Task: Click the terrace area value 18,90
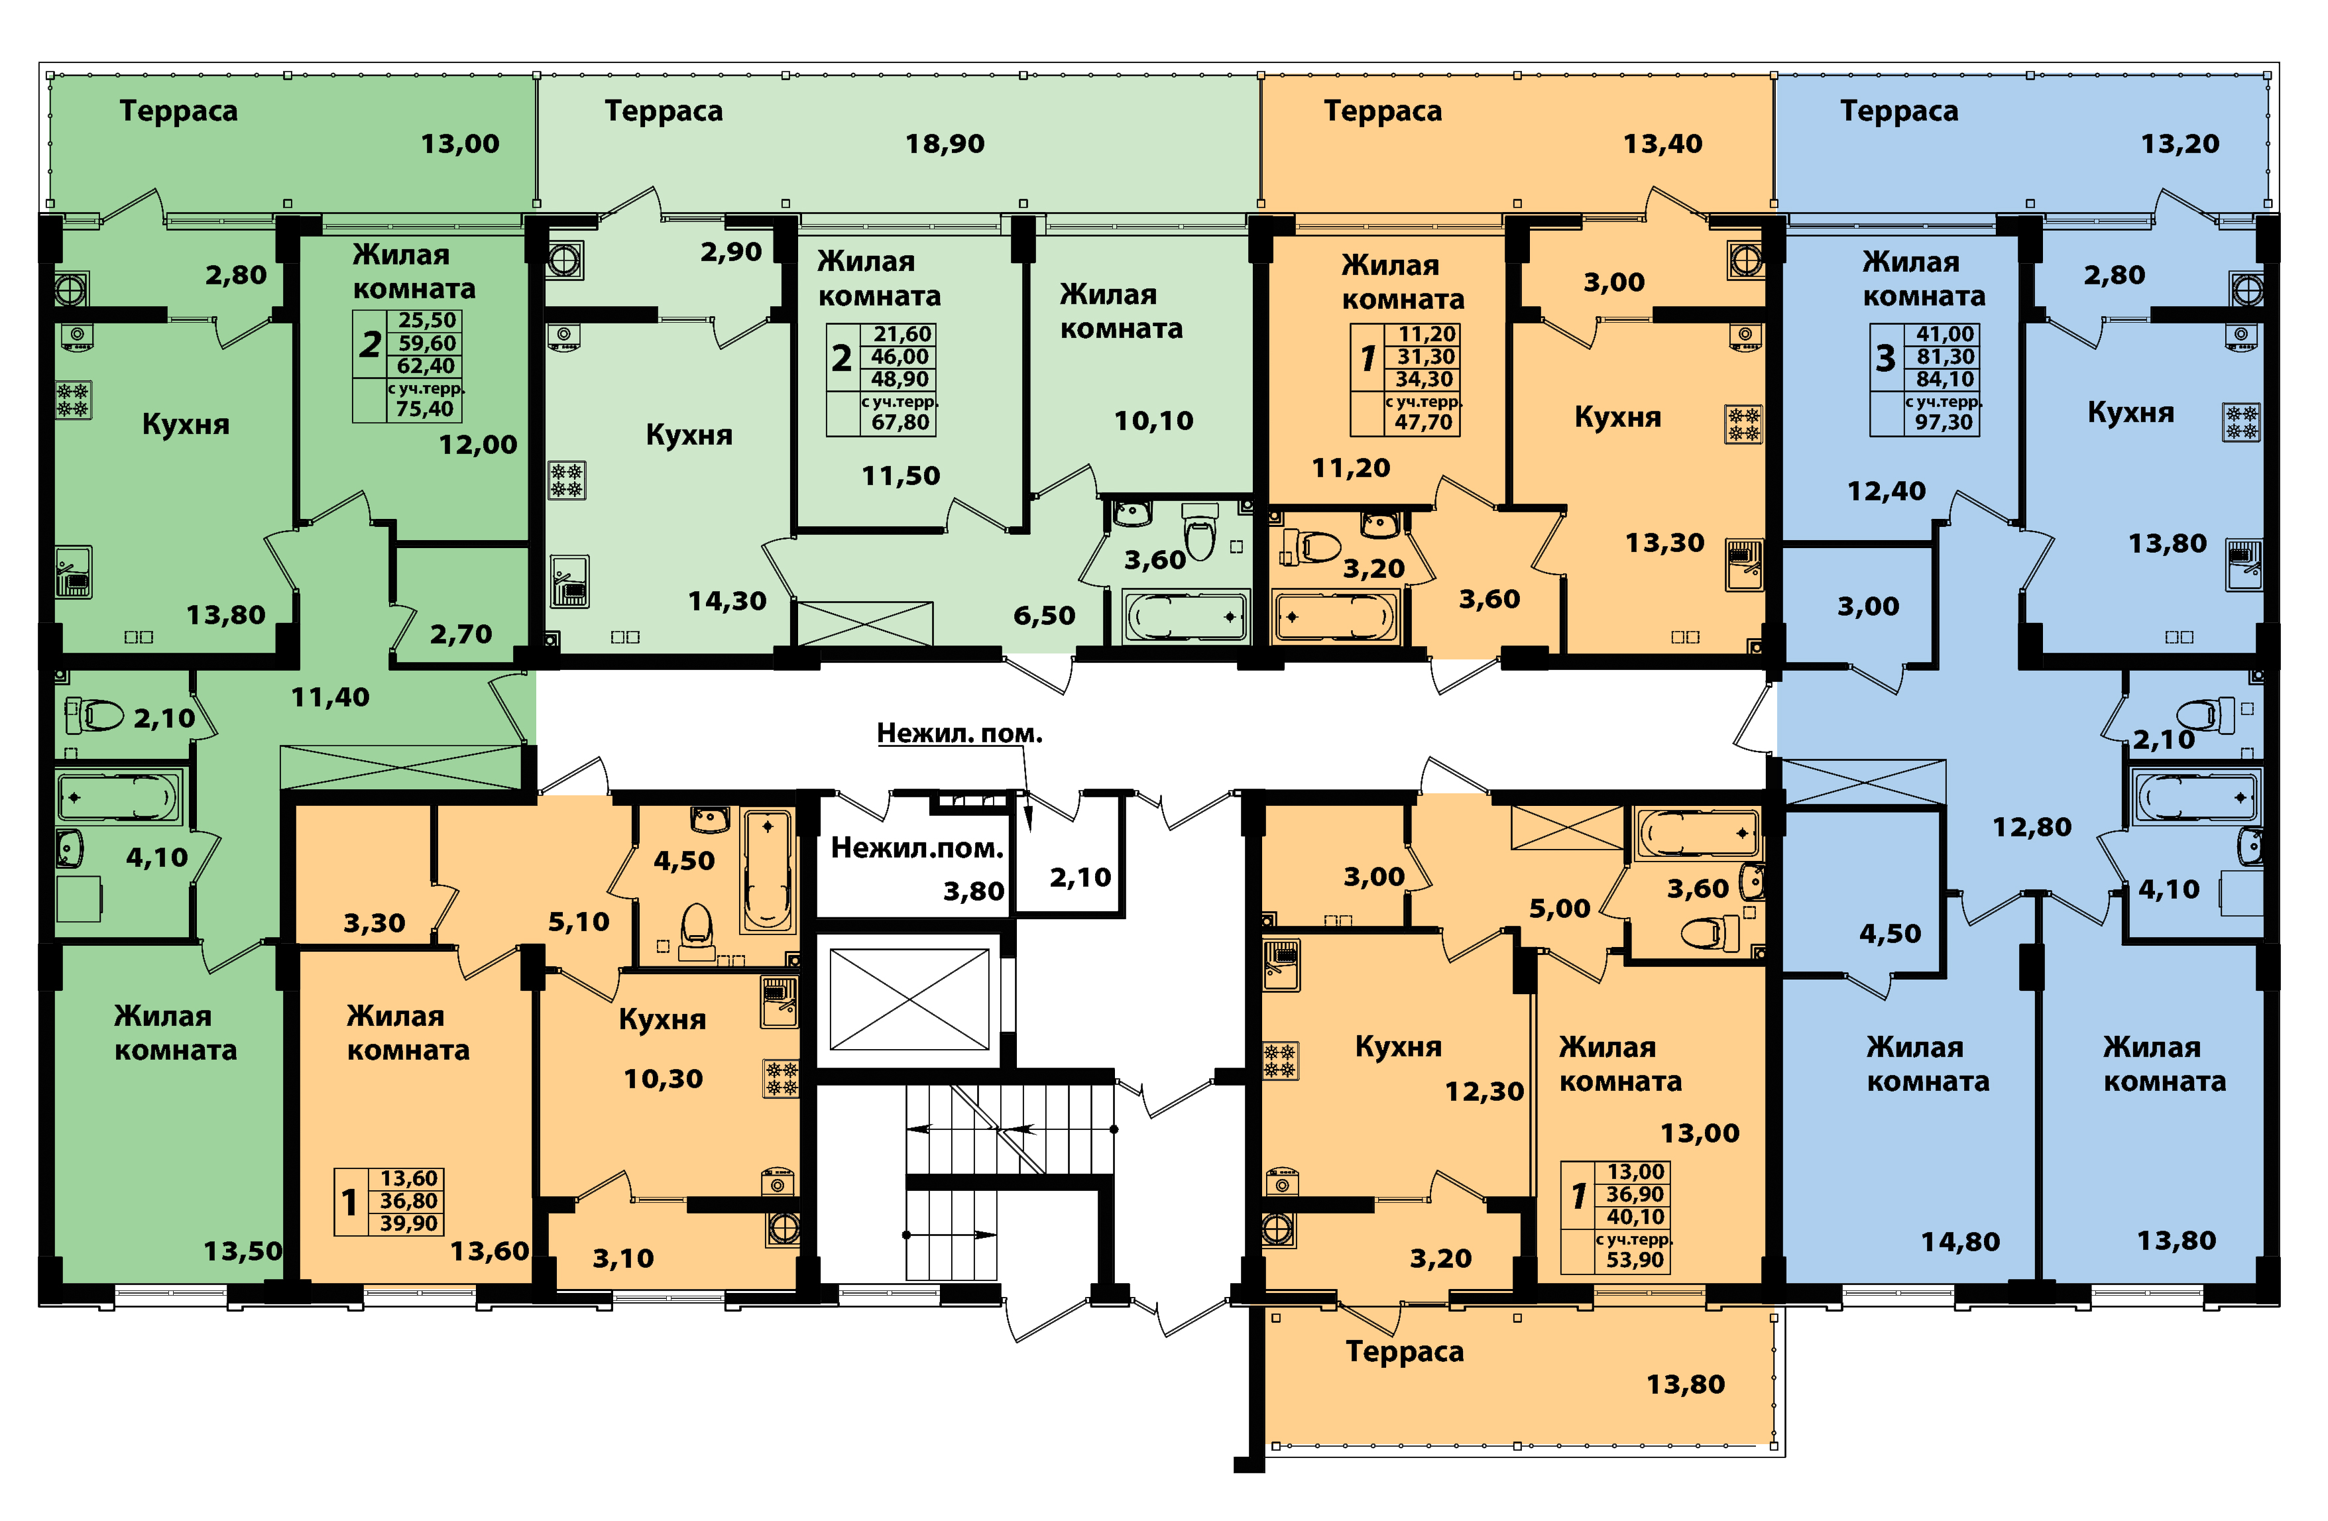944,144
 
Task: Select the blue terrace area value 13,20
2180,144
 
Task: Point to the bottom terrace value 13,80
1686,1384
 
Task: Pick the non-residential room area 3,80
973,891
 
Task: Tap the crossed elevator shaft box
909,999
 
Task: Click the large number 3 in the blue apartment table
1885,359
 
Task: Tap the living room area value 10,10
1153,421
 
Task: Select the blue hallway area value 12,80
2032,828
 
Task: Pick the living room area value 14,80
1960,1242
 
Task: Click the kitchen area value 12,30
1484,1092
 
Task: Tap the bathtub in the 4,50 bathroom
768,871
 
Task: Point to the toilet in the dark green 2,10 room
94,715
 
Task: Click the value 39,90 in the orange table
409,1223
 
